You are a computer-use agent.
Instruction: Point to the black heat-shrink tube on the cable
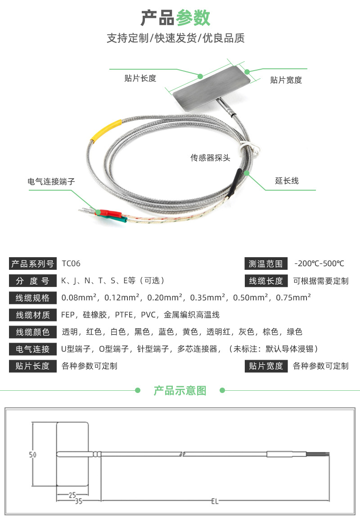coord(234,183)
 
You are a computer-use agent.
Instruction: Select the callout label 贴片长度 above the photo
coord(140,78)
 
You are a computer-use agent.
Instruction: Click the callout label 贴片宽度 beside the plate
coord(286,80)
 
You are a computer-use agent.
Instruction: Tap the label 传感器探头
coord(210,157)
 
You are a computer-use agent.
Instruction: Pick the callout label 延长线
coord(287,181)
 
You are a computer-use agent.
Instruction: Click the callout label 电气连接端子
coord(51,181)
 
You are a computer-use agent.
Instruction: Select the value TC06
coord(71,263)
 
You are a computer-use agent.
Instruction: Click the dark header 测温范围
coord(266,263)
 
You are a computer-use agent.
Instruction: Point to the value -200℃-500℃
coord(319,263)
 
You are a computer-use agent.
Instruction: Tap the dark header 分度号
coord(33,281)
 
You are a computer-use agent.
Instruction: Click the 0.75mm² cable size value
coord(293,298)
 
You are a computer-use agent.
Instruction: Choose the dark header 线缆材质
coord(33,315)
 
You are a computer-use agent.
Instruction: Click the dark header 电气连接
coord(33,349)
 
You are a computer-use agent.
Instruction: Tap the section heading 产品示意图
coord(180,390)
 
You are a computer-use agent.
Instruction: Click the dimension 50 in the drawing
coord(32,455)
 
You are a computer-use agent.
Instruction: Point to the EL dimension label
coord(215,501)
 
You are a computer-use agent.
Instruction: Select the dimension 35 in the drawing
coord(78,501)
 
